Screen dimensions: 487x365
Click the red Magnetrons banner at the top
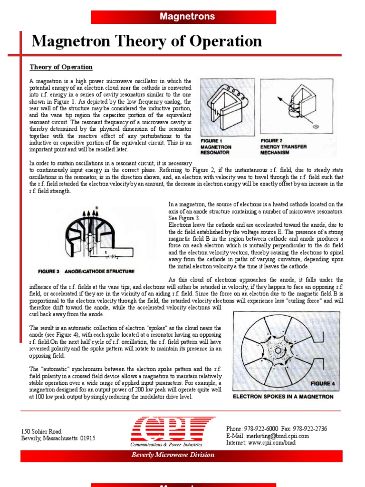[x=187, y=17]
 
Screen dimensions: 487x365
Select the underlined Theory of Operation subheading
[x=61, y=67]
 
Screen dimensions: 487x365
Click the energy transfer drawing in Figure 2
[x=295, y=109]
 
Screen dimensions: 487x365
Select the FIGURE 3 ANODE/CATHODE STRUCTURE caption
[x=86, y=272]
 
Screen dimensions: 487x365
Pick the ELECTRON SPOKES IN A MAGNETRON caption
[x=283, y=397]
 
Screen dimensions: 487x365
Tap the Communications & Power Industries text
[x=166, y=444]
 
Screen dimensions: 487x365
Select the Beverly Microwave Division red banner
[x=173, y=455]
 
